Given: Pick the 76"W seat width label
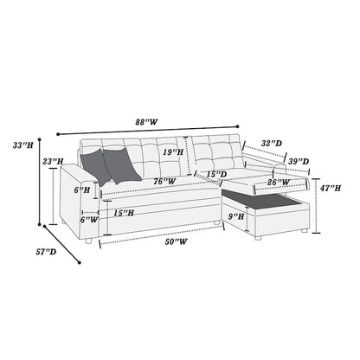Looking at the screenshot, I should [x=163, y=181].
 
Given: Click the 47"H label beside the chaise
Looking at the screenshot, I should [x=331, y=187].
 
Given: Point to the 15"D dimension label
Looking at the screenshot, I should [x=216, y=175].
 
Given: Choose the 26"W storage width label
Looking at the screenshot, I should [x=279, y=182].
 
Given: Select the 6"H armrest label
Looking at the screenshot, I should [x=82, y=189].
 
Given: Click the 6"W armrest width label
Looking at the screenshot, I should [x=89, y=220].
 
